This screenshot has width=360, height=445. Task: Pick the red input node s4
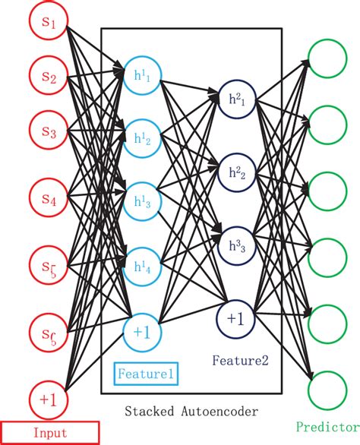pos(49,200)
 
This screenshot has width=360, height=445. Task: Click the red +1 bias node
pos(49,397)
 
